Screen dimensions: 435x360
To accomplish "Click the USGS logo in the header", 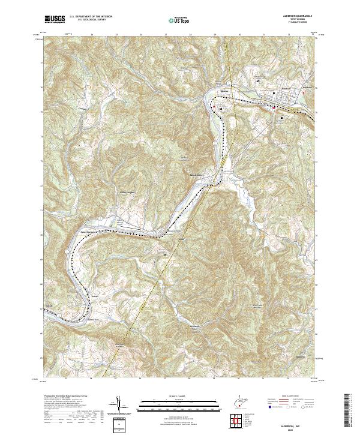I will click(54, 19).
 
